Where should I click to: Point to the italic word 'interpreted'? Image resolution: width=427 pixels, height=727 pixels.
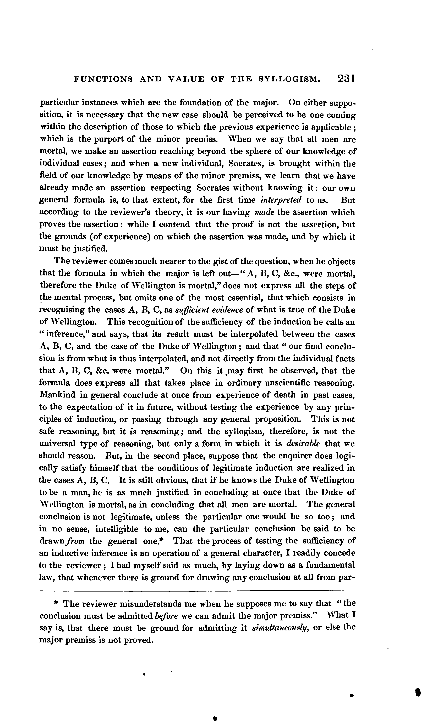click(x=281, y=200)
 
